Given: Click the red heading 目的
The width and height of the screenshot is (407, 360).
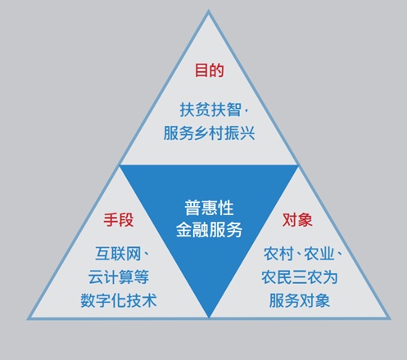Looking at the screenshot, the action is click(x=210, y=70).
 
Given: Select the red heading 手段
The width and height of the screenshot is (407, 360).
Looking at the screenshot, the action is click(x=119, y=220).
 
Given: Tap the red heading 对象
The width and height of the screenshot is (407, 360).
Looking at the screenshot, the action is click(x=297, y=220).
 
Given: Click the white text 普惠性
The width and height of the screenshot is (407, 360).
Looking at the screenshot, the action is click(x=209, y=208).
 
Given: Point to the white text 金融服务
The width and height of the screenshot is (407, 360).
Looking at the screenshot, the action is click(x=209, y=230).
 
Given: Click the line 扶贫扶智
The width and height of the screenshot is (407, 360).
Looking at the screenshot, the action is click(x=210, y=110).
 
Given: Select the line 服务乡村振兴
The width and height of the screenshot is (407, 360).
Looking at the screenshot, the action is click(x=209, y=133).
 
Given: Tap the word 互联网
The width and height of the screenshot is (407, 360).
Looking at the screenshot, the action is click(x=118, y=254).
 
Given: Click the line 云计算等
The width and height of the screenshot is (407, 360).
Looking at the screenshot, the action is click(x=119, y=277).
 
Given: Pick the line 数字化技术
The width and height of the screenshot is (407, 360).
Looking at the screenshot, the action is click(x=119, y=300).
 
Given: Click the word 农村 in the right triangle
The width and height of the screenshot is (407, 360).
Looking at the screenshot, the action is click(x=278, y=254).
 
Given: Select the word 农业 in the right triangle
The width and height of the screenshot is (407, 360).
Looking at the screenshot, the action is click(x=319, y=254).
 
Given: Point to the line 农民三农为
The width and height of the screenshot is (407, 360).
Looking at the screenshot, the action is click(x=300, y=277).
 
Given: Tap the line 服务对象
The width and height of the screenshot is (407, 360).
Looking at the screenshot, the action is click(x=300, y=300).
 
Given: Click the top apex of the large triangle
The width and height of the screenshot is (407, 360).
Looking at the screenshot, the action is click(x=209, y=11).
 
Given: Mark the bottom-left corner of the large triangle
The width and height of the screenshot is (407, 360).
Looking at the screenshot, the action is click(x=27, y=319).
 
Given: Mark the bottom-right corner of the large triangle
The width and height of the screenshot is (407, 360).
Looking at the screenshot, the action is click(x=391, y=318).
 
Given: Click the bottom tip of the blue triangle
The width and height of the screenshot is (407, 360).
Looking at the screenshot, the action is click(x=209, y=317).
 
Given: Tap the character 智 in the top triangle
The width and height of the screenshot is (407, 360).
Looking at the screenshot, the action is click(x=234, y=110).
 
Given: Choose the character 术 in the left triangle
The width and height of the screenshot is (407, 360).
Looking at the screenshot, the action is click(x=149, y=300).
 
